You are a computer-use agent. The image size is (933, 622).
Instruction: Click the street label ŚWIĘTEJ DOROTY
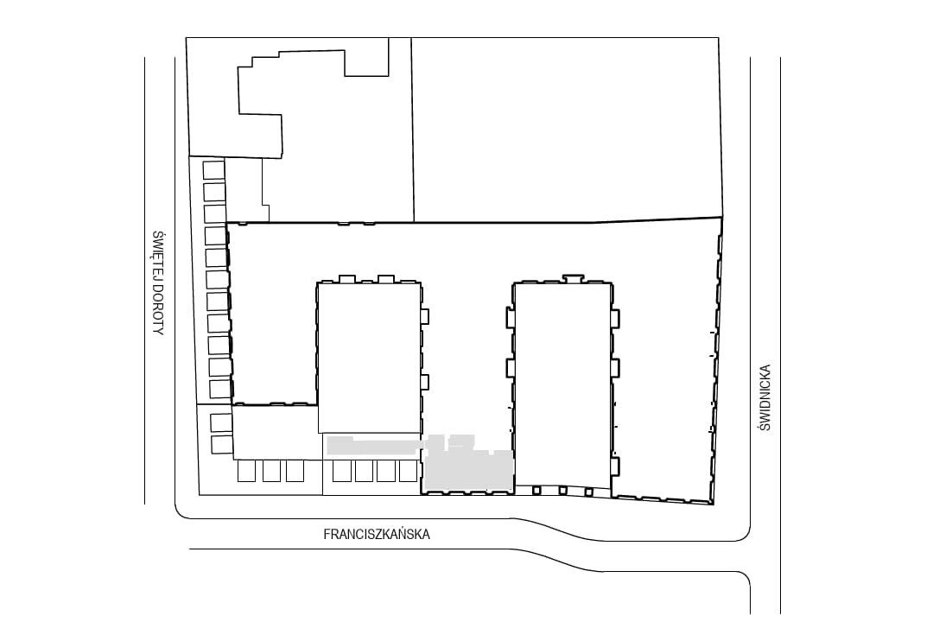coord(158,283)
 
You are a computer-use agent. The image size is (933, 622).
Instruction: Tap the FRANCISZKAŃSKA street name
coord(377,534)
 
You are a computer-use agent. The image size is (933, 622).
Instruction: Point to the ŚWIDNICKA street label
coord(765,397)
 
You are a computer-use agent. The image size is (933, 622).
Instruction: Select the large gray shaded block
coord(467,468)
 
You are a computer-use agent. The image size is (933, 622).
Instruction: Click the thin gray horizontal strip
coord(375,445)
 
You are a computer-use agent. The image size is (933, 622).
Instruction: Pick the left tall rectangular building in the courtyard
coord(370,357)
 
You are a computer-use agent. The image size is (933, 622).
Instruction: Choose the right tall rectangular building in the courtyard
coord(563,384)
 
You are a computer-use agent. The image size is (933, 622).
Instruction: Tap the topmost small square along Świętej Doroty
coord(213,169)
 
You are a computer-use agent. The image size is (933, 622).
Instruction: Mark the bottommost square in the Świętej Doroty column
coord(221,444)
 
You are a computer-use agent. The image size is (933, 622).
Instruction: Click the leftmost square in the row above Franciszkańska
coord(246,471)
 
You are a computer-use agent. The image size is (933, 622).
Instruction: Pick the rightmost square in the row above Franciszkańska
coord(408,471)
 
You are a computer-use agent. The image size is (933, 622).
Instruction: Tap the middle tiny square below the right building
coord(562,491)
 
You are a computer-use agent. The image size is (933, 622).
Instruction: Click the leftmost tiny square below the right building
coord(536,491)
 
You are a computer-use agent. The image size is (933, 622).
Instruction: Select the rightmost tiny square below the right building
coord(588,492)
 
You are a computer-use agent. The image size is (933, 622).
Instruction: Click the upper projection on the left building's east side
coord(425,316)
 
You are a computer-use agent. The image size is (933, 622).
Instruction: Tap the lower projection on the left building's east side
coord(425,382)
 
